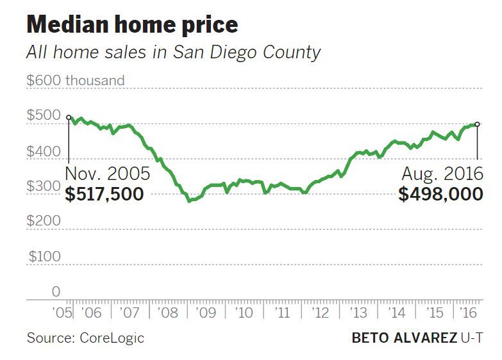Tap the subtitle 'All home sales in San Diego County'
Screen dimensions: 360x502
pos(172,52)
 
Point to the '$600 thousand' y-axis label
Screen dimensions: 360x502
pos(76,81)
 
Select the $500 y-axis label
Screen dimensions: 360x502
pos(43,115)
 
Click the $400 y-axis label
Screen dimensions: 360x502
pos(43,152)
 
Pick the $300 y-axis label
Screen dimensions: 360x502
pos(43,186)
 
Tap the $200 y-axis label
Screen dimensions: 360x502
pos(43,221)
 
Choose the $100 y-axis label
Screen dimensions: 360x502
pos(43,256)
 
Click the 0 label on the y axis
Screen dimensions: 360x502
pos(55,291)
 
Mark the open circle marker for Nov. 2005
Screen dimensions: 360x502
pos(69,118)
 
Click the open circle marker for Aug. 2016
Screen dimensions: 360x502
pos(477,124)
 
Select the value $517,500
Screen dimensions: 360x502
pos(105,194)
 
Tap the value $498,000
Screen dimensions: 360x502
pos(440,194)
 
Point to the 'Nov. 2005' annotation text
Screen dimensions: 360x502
pos(108,174)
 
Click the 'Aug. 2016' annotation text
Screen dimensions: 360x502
pos(442,174)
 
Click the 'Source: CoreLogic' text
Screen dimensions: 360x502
pos(85,338)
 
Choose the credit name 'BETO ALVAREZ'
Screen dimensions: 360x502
pos(404,338)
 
